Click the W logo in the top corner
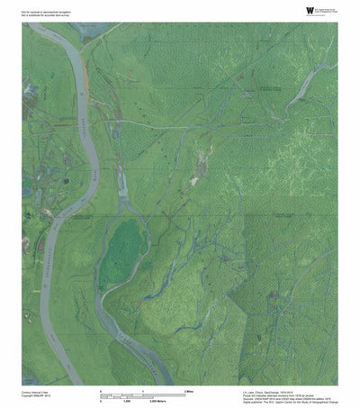click(286, 11)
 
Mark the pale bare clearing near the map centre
click(193, 181)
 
